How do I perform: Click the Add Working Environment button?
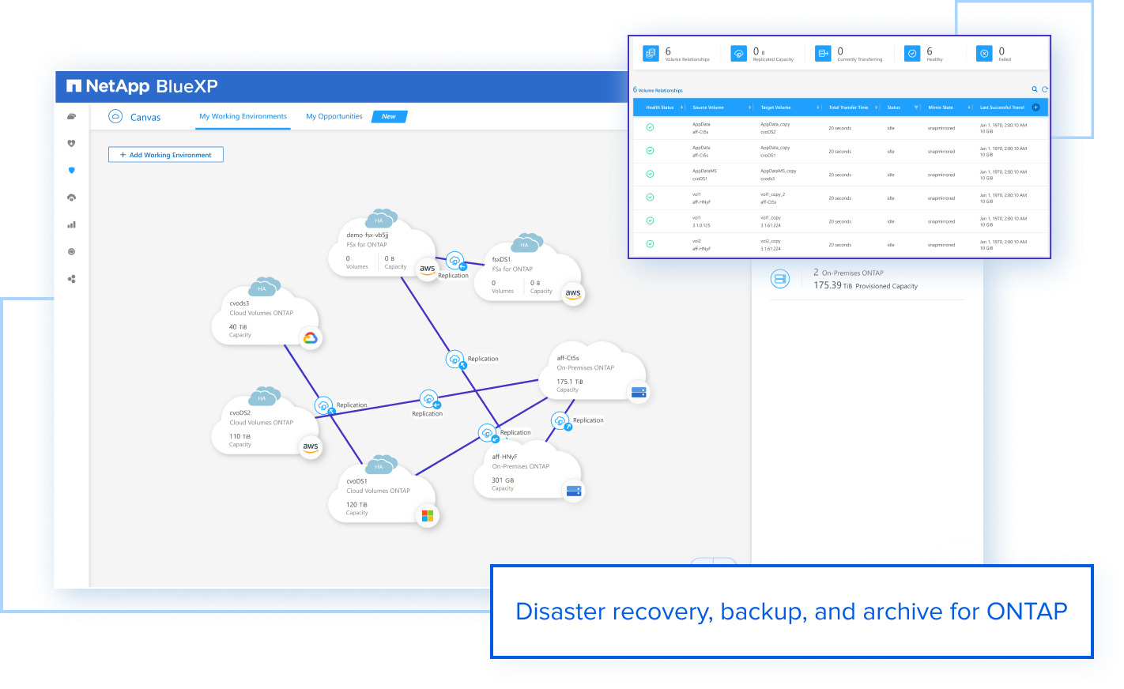[166, 155]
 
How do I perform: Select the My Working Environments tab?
[243, 116]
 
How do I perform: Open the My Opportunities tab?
[334, 116]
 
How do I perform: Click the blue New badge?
[389, 116]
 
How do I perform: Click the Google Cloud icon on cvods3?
[311, 338]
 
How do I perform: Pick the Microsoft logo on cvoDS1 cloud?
[428, 516]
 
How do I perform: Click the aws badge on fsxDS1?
[573, 293]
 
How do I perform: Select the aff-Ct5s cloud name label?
[568, 358]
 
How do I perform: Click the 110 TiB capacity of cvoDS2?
[240, 436]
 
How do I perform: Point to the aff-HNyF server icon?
[574, 491]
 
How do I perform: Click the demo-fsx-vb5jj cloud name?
[368, 235]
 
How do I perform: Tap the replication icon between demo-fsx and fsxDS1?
[455, 260]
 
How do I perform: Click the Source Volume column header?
[708, 107]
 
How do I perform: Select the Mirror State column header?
[941, 107]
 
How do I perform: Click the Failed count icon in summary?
[984, 53]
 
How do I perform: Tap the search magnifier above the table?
[1034, 89]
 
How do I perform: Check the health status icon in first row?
[650, 127]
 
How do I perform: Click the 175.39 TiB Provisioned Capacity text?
[866, 286]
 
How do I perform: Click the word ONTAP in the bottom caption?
[1027, 612]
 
